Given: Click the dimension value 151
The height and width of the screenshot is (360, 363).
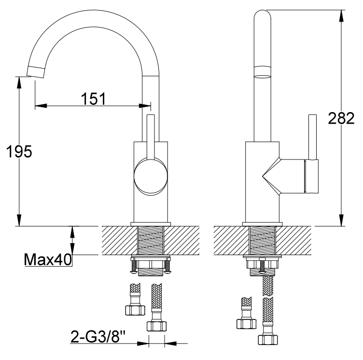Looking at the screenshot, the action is (93, 99).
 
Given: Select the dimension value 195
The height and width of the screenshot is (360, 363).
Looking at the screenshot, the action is (19, 152).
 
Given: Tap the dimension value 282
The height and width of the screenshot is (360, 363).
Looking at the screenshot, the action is (341, 118).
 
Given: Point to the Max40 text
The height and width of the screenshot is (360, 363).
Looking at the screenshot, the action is (48, 259).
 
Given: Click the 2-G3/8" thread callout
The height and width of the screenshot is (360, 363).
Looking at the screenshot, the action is (98, 336).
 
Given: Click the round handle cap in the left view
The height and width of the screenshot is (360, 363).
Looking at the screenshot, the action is (151, 176).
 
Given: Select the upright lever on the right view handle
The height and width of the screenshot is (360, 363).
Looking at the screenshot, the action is (312, 137).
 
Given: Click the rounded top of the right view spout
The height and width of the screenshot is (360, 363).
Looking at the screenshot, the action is (262, 14).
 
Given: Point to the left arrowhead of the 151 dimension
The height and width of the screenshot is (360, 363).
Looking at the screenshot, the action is (41, 106).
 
